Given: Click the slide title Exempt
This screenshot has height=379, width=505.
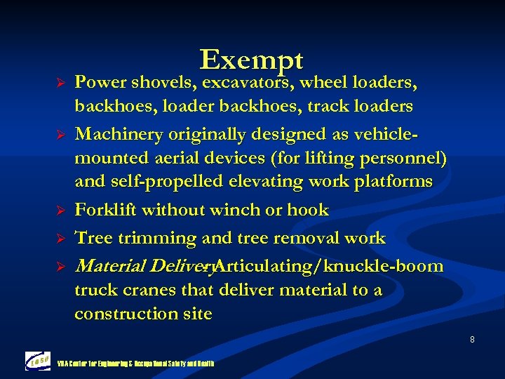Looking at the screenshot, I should [x=251, y=60].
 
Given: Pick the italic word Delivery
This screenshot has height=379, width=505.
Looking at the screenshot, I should [x=172, y=267].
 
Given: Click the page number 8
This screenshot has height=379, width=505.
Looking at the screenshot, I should [x=472, y=340].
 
